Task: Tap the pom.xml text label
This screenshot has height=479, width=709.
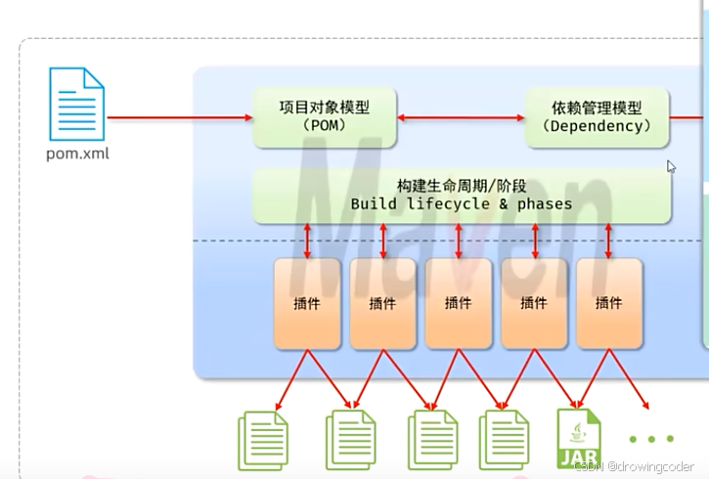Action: tap(78, 153)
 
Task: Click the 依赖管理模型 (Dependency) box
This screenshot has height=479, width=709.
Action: tap(597, 117)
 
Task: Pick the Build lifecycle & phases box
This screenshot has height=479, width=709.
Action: tap(462, 196)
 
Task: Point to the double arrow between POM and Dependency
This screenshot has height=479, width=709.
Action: tap(461, 117)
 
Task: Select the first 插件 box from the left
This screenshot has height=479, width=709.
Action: tap(307, 303)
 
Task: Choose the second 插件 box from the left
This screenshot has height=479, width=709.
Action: tap(382, 303)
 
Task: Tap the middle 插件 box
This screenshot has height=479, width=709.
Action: tap(458, 303)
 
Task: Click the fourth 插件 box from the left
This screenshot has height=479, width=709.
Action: tap(534, 303)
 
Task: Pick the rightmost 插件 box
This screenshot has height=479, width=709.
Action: tap(608, 303)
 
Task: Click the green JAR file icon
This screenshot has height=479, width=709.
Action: tap(579, 440)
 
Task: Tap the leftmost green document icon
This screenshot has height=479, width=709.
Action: tap(263, 442)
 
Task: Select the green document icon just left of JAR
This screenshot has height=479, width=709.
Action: tap(503, 442)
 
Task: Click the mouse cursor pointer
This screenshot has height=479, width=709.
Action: tap(671, 166)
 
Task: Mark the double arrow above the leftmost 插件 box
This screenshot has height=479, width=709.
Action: tap(308, 239)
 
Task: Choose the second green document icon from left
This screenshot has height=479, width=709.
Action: tap(349, 442)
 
